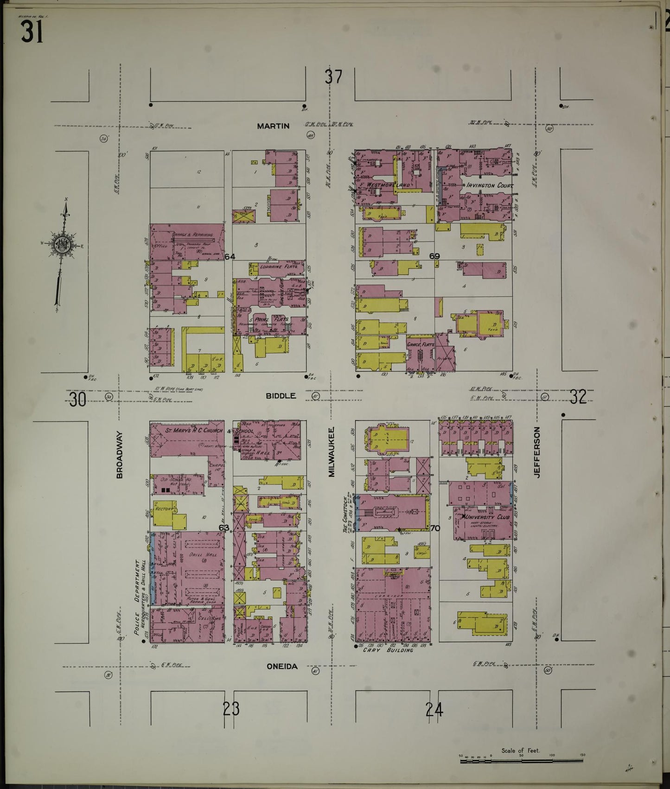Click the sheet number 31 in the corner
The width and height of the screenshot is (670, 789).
32,32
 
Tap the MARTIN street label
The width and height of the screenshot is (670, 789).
273,126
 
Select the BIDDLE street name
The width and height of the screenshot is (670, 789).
281,396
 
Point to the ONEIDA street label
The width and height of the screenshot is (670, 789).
282,667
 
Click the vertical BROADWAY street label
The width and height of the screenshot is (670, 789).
120,455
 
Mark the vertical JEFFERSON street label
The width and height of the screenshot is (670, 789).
537,452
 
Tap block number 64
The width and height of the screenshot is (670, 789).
230,257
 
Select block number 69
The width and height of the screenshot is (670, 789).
434,256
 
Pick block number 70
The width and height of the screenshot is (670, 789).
435,528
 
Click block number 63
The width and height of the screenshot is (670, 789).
224,528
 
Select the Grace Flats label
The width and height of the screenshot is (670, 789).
421,345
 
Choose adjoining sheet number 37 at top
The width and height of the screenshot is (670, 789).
333,76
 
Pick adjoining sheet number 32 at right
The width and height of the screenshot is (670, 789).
578,397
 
